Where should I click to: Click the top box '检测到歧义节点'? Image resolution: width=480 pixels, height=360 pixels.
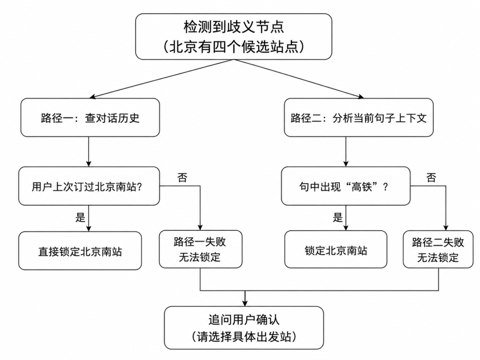[x=234, y=36]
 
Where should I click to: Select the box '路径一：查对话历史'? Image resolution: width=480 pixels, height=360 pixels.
[x=90, y=117]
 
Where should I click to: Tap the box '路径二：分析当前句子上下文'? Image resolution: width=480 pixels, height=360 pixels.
[x=359, y=117]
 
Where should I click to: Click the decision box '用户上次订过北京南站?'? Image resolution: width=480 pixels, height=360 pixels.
[x=89, y=186]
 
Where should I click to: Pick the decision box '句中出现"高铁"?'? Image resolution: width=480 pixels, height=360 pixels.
[x=346, y=186]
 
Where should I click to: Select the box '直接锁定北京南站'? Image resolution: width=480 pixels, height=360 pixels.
[x=80, y=251]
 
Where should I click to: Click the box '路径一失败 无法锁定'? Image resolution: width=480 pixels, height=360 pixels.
[x=200, y=249]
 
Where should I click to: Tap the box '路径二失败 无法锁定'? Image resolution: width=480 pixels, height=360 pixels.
[x=438, y=249]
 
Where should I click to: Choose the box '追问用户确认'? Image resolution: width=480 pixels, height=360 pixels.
[x=244, y=328]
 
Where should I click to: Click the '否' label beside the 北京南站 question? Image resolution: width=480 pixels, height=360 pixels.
[x=182, y=177]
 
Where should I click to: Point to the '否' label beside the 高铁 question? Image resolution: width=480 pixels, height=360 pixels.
[x=431, y=177]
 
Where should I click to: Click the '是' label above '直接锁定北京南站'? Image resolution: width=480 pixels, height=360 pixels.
[x=80, y=217]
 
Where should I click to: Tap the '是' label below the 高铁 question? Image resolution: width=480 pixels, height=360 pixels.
[x=338, y=217]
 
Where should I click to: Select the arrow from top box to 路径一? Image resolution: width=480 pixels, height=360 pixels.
[x=162, y=79]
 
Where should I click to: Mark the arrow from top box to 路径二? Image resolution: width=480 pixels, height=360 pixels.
[x=299, y=79]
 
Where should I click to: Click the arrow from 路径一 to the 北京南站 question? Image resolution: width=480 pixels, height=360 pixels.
[x=89, y=152]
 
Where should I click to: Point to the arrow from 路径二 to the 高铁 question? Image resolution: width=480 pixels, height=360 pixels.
[x=346, y=152]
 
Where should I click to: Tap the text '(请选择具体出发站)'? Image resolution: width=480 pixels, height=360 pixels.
[x=244, y=337]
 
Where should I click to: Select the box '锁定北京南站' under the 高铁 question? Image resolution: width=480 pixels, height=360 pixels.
[x=336, y=249]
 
